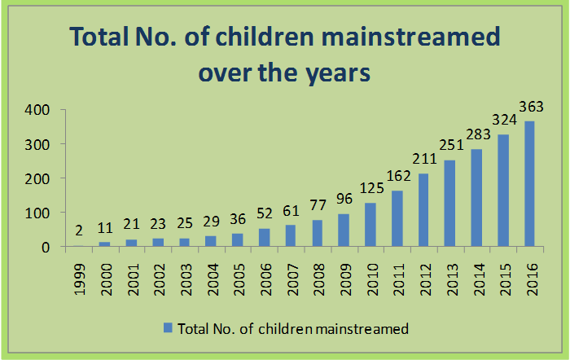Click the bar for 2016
tap(529, 184)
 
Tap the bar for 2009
tap(344, 230)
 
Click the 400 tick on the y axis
tap(37, 110)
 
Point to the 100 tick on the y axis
tap(37, 213)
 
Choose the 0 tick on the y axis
tap(46, 247)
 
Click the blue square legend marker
tap(167, 328)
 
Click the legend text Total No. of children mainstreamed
tap(292, 328)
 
